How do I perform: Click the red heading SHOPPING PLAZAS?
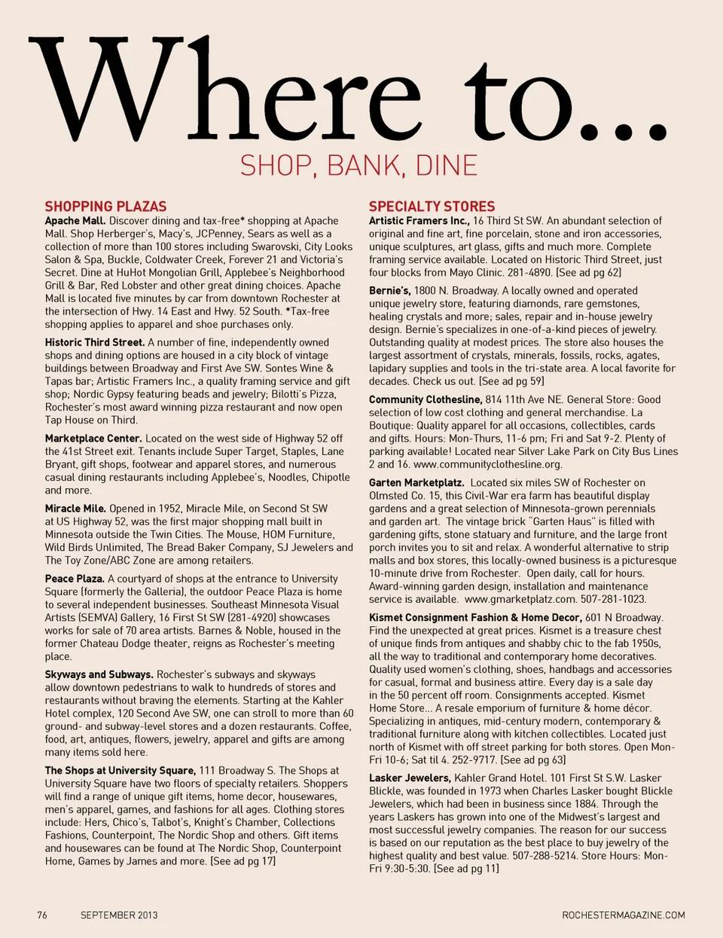pos(105,206)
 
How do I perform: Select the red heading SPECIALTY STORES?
pos(432,206)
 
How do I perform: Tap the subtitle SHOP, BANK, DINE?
pos(358,166)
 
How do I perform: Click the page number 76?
pos(42,915)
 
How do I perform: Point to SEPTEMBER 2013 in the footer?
pos(119,915)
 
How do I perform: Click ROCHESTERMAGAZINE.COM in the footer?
pos(624,915)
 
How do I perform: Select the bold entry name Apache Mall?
pos(75,221)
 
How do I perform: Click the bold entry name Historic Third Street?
pos(94,342)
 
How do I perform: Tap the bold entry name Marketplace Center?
pos(93,438)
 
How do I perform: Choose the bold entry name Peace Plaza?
pos(75,579)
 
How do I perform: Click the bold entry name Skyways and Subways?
pos(99,674)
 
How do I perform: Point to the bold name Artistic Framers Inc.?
pos(419,221)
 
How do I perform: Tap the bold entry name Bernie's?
pos(389,291)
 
